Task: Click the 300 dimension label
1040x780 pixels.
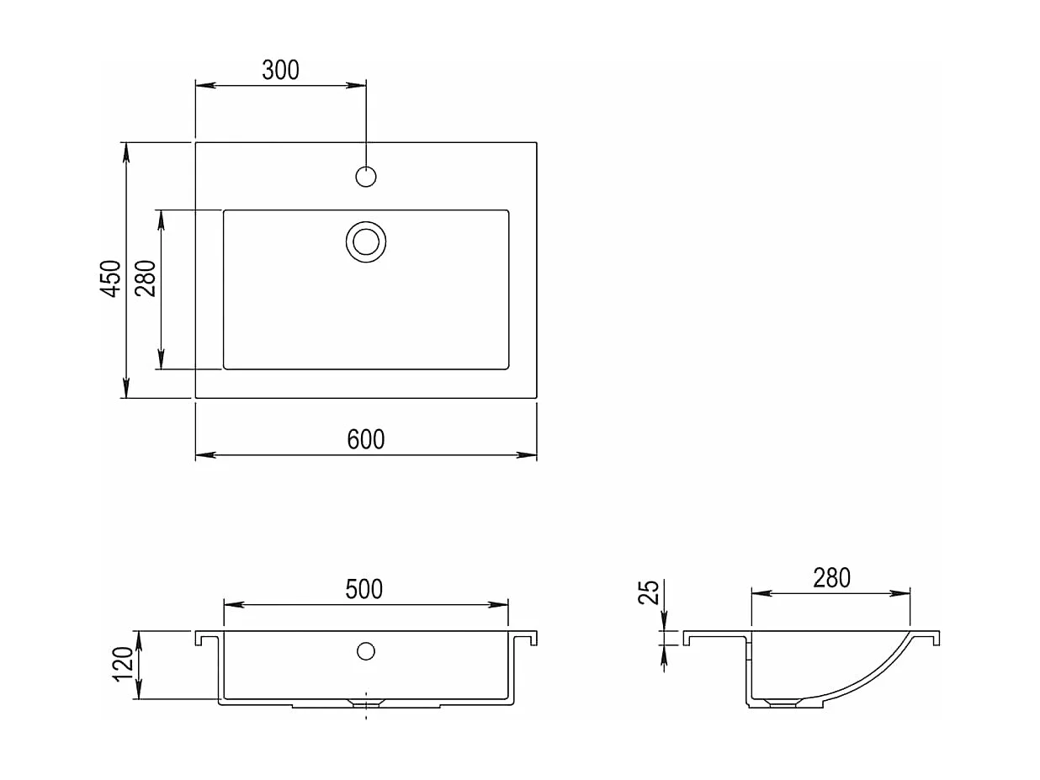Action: pyautogui.click(x=280, y=70)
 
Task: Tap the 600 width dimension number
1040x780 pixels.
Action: pyautogui.click(x=365, y=439)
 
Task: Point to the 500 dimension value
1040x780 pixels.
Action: pyautogui.click(x=363, y=589)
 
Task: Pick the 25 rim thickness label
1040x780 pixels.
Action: pyautogui.click(x=648, y=592)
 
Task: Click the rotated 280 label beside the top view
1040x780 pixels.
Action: pyautogui.click(x=146, y=278)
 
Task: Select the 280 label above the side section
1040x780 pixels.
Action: pyautogui.click(x=831, y=578)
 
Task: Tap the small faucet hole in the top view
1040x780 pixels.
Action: pyautogui.click(x=366, y=177)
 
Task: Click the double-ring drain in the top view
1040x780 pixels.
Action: pyautogui.click(x=366, y=241)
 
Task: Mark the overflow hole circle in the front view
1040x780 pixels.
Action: pyautogui.click(x=366, y=650)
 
